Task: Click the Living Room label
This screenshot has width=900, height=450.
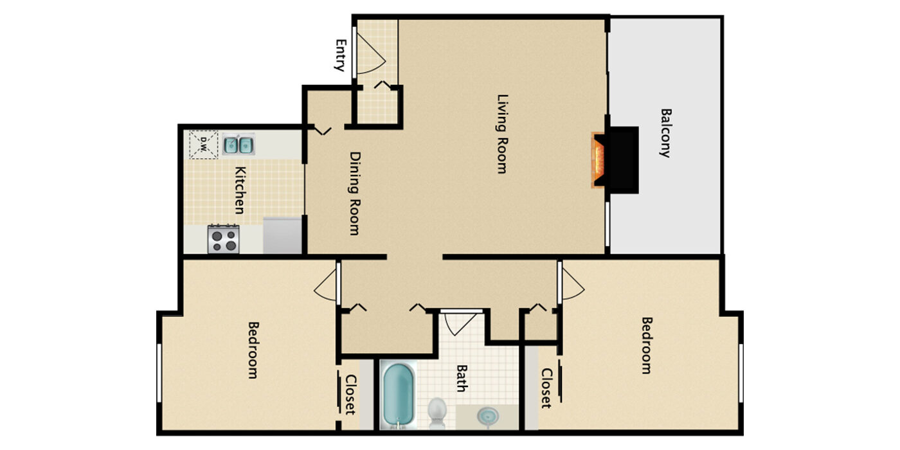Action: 503,134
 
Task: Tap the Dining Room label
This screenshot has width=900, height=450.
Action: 355,194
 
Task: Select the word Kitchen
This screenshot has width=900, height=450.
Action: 240,190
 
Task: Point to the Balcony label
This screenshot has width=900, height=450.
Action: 666,133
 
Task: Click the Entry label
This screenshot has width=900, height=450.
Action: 341,55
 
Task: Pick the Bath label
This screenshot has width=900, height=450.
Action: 462,379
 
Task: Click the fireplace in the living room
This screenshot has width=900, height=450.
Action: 615,160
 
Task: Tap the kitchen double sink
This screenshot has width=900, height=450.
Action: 239,145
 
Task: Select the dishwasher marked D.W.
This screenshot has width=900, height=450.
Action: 204,144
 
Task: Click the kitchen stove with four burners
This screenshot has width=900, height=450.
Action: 224,239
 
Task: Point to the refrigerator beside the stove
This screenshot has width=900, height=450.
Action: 282,235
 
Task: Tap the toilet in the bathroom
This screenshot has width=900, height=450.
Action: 437,413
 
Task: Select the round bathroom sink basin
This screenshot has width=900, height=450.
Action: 488,417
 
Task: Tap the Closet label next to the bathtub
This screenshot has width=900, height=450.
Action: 350,395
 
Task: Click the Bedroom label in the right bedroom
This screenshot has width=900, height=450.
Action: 647,346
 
